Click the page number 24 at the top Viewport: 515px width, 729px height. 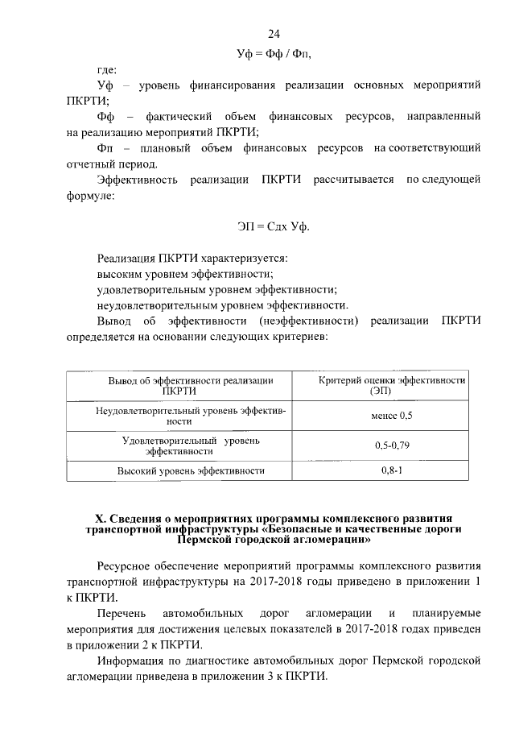pyautogui.click(x=273, y=34)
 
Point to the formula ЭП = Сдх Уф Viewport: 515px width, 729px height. pyautogui.click(x=273, y=227)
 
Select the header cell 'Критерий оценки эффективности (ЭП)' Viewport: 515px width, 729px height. pyautogui.click(x=392, y=385)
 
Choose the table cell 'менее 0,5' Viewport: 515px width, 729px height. pyautogui.click(x=392, y=416)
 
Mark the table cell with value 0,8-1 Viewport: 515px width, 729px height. pyautogui.click(x=392, y=470)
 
